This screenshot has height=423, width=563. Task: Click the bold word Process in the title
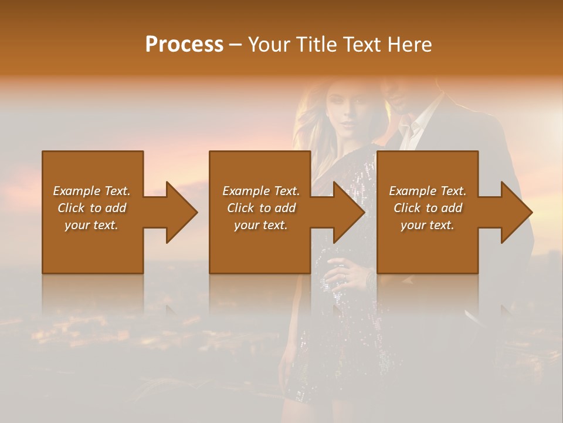coord(184,45)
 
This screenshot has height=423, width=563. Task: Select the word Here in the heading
coord(410,45)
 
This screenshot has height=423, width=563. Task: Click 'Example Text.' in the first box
coord(91,191)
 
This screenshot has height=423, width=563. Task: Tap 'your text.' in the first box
coord(91,225)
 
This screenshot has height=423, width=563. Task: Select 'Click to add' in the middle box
coord(261,208)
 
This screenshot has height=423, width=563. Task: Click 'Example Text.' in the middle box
coord(261,191)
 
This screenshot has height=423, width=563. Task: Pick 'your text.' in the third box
coord(428,225)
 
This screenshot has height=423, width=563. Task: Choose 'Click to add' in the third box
coord(428,208)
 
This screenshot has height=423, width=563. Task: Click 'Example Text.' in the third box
coord(428,191)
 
